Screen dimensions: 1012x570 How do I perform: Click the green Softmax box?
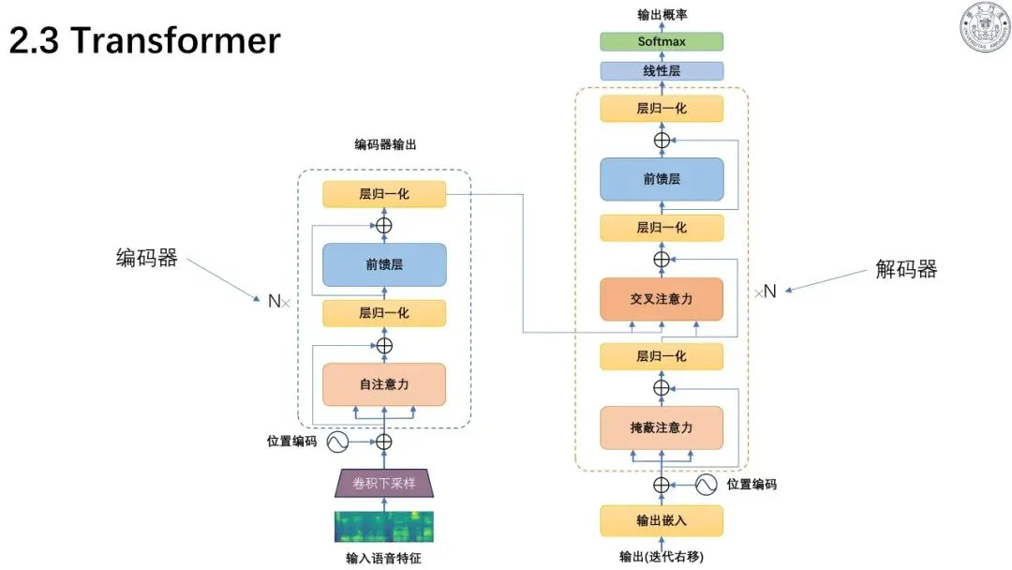click(x=662, y=41)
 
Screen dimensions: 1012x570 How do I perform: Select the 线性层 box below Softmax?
click(x=662, y=71)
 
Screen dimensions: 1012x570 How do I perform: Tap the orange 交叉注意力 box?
click(x=662, y=299)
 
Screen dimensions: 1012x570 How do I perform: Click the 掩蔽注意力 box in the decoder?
click(x=662, y=427)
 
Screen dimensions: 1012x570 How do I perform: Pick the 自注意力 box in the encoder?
click(x=384, y=384)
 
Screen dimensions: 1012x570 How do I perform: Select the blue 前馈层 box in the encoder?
click(x=384, y=264)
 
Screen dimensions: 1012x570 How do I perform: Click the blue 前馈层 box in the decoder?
click(x=662, y=179)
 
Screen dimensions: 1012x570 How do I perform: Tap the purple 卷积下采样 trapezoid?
click(x=384, y=483)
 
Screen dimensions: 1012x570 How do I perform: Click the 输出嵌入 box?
click(x=662, y=520)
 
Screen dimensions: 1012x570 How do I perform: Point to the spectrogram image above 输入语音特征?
click(x=384, y=527)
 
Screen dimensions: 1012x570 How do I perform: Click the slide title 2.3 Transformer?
click(x=144, y=40)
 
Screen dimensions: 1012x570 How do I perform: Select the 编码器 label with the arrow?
click(x=146, y=258)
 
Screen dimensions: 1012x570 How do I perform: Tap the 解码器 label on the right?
click(x=906, y=268)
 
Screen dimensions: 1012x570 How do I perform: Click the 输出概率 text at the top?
click(x=662, y=14)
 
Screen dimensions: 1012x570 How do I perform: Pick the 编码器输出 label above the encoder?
click(x=385, y=144)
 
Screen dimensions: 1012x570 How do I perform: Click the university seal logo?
click(x=985, y=26)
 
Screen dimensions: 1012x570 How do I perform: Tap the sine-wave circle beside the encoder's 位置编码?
click(x=337, y=442)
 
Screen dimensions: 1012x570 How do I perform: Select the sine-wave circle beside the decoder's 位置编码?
click(x=707, y=484)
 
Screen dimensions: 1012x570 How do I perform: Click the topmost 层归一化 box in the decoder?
click(x=662, y=109)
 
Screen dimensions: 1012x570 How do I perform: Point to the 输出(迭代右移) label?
click(x=662, y=557)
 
